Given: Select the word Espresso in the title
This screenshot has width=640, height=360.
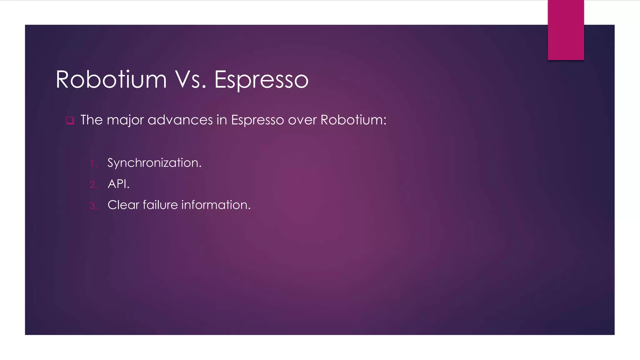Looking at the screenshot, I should [261, 80].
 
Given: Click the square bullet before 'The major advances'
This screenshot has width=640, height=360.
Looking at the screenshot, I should [70, 120].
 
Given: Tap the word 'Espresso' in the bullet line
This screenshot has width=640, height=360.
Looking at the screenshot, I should [257, 120].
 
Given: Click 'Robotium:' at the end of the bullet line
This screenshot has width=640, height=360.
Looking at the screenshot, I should [353, 120].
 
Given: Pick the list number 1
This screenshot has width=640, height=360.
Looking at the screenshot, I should [93, 163].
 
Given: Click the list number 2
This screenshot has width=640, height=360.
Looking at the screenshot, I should [93, 185].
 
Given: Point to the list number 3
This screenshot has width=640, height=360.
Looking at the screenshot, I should [93, 206].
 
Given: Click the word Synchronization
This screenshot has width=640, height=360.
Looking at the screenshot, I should [154, 163].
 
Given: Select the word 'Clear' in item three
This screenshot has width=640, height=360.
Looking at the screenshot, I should [123, 205].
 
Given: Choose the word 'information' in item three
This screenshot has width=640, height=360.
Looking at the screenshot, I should [216, 205].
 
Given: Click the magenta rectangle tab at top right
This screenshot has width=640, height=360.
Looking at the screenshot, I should [566, 30].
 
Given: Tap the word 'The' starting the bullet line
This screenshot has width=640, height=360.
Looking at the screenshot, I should [92, 120].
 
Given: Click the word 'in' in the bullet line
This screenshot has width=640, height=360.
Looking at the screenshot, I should [222, 120].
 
